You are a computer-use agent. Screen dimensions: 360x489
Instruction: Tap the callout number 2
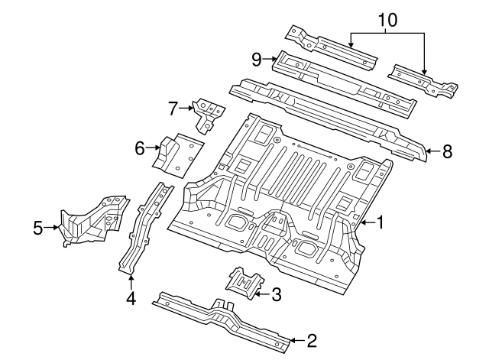pyautogui.click(x=311, y=338)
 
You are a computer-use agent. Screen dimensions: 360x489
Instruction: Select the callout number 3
pyautogui.click(x=277, y=292)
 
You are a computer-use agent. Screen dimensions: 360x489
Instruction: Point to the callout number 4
pyautogui.click(x=131, y=298)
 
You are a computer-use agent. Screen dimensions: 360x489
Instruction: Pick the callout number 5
pyautogui.click(x=38, y=226)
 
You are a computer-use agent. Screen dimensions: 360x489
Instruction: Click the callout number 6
pyautogui.click(x=140, y=148)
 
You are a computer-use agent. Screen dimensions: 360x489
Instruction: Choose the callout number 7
pyautogui.click(x=173, y=108)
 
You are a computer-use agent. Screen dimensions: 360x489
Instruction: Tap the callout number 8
pyautogui.click(x=447, y=151)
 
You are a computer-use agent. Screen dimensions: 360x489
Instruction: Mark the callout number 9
pyautogui.click(x=257, y=58)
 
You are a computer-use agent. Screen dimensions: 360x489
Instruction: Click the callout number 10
pyautogui.click(x=388, y=19)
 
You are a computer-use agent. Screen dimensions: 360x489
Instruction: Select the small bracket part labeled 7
pyautogui.click(x=206, y=114)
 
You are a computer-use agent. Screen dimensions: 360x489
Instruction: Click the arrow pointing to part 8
pyautogui.click(x=432, y=151)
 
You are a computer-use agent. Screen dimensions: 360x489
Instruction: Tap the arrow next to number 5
pyautogui.click(x=53, y=226)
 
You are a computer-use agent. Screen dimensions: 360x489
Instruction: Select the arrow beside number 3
pyautogui.click(x=262, y=292)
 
